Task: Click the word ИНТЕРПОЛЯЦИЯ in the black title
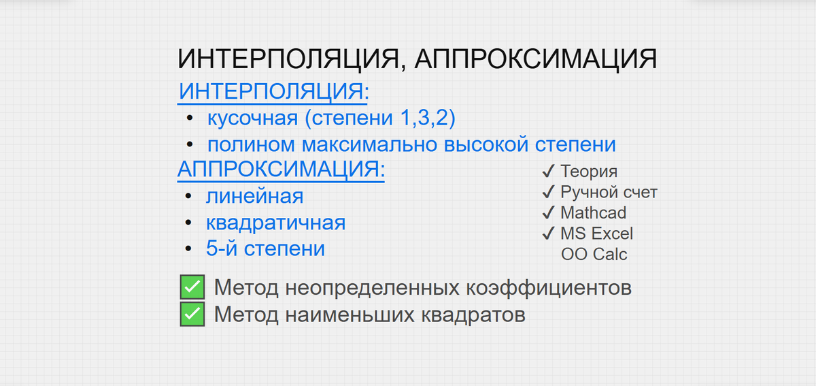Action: pyautogui.click(x=284, y=59)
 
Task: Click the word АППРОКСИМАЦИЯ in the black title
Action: pyautogui.click(x=535, y=59)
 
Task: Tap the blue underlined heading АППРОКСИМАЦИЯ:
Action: pyautogui.click(x=281, y=170)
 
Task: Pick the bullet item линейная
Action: pyautogui.click(x=254, y=197)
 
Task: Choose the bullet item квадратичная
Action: pyautogui.click(x=275, y=223)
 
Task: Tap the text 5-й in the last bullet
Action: pyautogui.click(x=222, y=248)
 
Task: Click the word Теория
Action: pyautogui.click(x=589, y=172)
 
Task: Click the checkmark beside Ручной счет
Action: pyautogui.click(x=548, y=192)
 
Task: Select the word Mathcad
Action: pyautogui.click(x=593, y=213)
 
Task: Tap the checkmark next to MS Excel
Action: pyautogui.click(x=548, y=234)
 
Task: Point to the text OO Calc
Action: pyautogui.click(x=594, y=255)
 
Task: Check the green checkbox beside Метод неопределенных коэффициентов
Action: pyautogui.click(x=192, y=288)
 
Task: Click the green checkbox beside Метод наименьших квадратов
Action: pyautogui.click(x=192, y=315)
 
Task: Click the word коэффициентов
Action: pyautogui.click(x=548, y=288)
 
